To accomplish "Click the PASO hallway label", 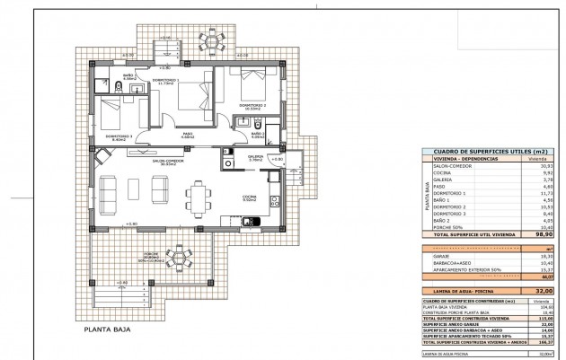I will tap(189, 134).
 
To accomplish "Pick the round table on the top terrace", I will tap(212, 42).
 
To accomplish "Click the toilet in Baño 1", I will tap(118, 88).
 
